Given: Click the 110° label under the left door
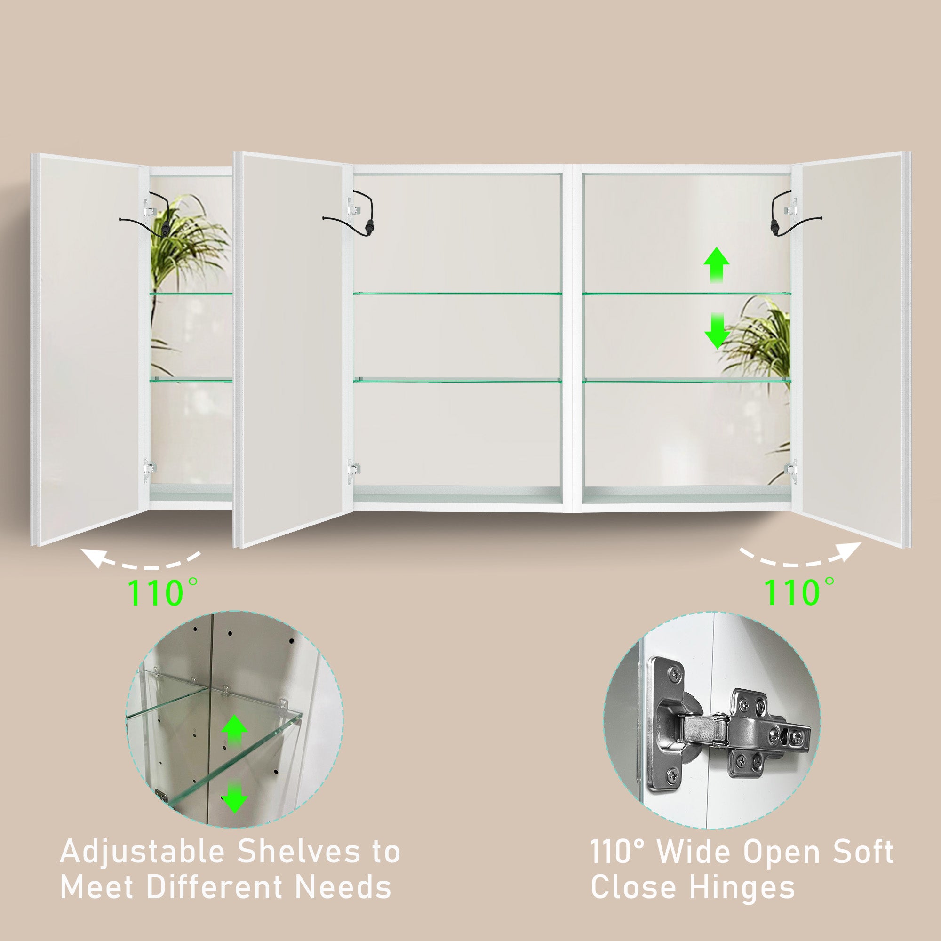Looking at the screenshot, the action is [x=163, y=591].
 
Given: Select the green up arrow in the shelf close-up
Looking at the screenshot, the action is [x=234, y=732].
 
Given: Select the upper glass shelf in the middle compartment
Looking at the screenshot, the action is [x=457, y=294].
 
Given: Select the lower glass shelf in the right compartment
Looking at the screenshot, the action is [x=687, y=380].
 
